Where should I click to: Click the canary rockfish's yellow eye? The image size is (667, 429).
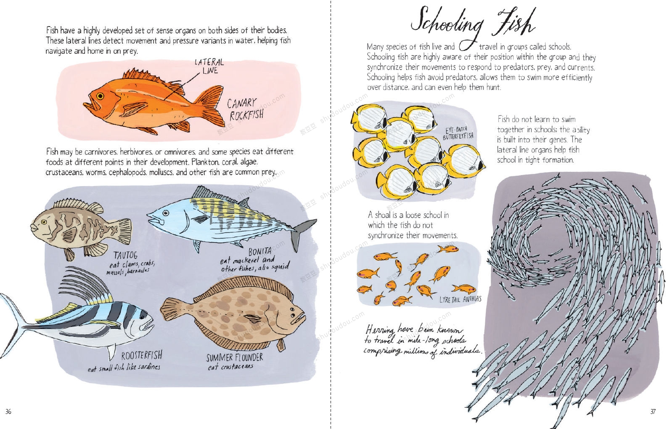(x=100, y=96)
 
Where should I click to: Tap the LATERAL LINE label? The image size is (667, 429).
(x=209, y=67)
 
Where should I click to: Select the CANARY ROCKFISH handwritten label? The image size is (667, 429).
(x=245, y=109)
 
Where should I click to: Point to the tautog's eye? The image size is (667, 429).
(x=44, y=222)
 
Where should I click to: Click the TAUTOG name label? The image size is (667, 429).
(x=125, y=255)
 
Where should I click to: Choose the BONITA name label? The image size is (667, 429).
(x=260, y=251)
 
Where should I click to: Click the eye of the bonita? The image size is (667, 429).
(x=166, y=213)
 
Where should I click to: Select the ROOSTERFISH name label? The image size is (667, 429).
(x=142, y=355)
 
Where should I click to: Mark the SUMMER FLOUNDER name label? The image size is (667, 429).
(x=235, y=357)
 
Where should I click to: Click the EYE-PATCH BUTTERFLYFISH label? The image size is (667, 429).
(x=458, y=133)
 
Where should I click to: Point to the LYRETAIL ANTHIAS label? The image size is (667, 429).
(x=461, y=299)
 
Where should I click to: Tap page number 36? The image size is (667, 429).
(x=8, y=412)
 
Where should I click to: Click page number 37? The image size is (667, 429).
(x=653, y=412)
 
